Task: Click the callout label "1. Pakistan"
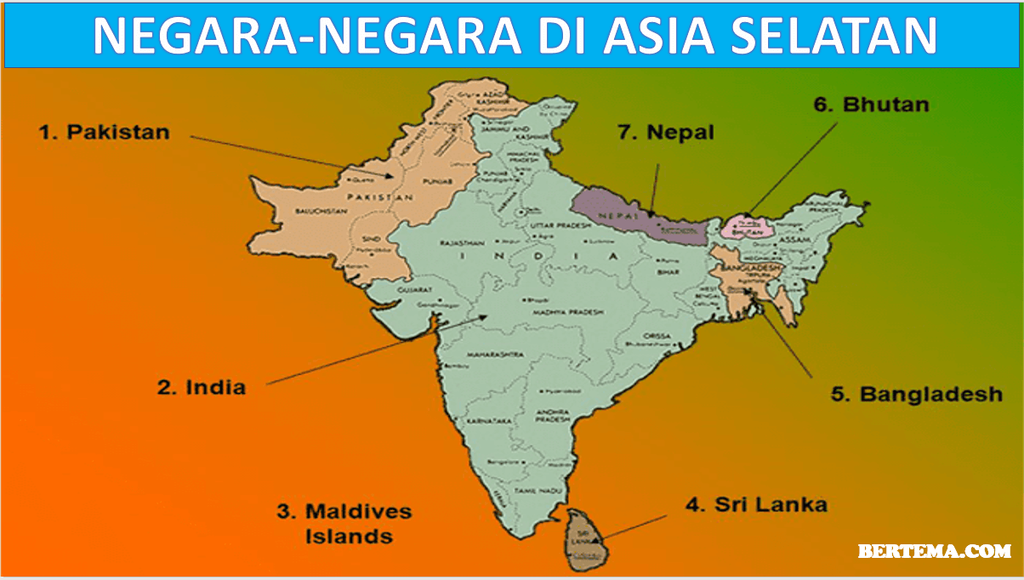click(105, 132)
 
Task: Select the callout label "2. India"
click(202, 387)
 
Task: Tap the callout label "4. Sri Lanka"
click(756, 504)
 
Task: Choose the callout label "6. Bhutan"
click(871, 105)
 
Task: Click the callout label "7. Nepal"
click(666, 133)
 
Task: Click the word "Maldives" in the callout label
click(358, 511)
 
